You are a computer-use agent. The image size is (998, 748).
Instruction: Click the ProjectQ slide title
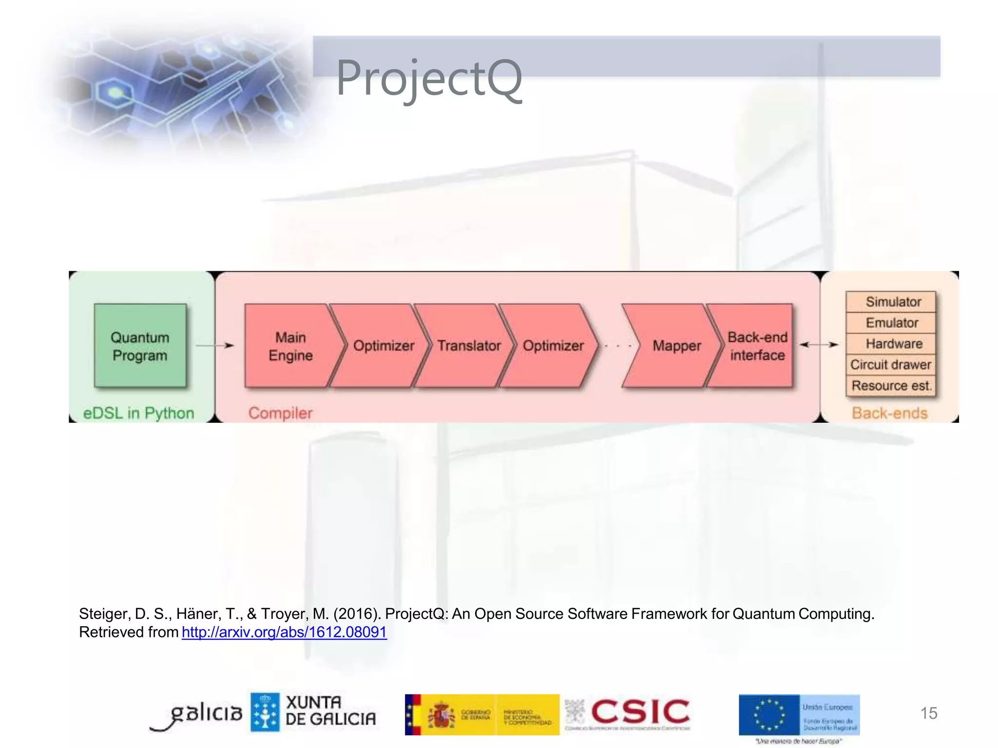[429, 78]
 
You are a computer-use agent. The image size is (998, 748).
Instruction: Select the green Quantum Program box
[140, 346]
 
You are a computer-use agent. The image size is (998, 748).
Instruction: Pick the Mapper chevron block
[676, 346]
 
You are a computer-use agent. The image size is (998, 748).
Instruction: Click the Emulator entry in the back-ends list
[892, 323]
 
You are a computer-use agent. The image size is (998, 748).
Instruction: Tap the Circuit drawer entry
[891, 365]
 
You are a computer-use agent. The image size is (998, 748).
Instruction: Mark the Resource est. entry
[891, 386]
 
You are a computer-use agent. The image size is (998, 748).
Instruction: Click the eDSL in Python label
[138, 413]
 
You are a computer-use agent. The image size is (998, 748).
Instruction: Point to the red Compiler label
[280, 413]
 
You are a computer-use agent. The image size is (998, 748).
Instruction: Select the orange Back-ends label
[889, 413]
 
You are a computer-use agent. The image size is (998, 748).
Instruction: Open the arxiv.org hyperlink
[284, 632]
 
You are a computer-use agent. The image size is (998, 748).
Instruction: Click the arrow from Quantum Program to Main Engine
[215, 345]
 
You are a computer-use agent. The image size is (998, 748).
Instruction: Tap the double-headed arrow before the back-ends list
[819, 345]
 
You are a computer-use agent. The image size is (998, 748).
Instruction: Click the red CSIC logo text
[640, 712]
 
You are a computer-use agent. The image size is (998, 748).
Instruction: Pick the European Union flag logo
[769, 715]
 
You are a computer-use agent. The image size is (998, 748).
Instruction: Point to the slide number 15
[929, 713]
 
